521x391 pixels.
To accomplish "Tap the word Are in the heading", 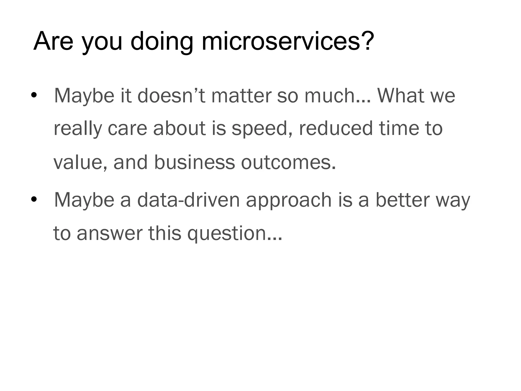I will [x=53, y=41].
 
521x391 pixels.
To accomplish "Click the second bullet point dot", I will [x=34, y=200].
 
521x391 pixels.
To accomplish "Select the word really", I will [x=78, y=129].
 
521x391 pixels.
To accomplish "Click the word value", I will [x=80, y=162].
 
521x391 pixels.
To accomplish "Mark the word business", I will [x=194, y=162].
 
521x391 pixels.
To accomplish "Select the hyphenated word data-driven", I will [x=189, y=200].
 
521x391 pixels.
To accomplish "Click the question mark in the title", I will [x=367, y=41].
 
